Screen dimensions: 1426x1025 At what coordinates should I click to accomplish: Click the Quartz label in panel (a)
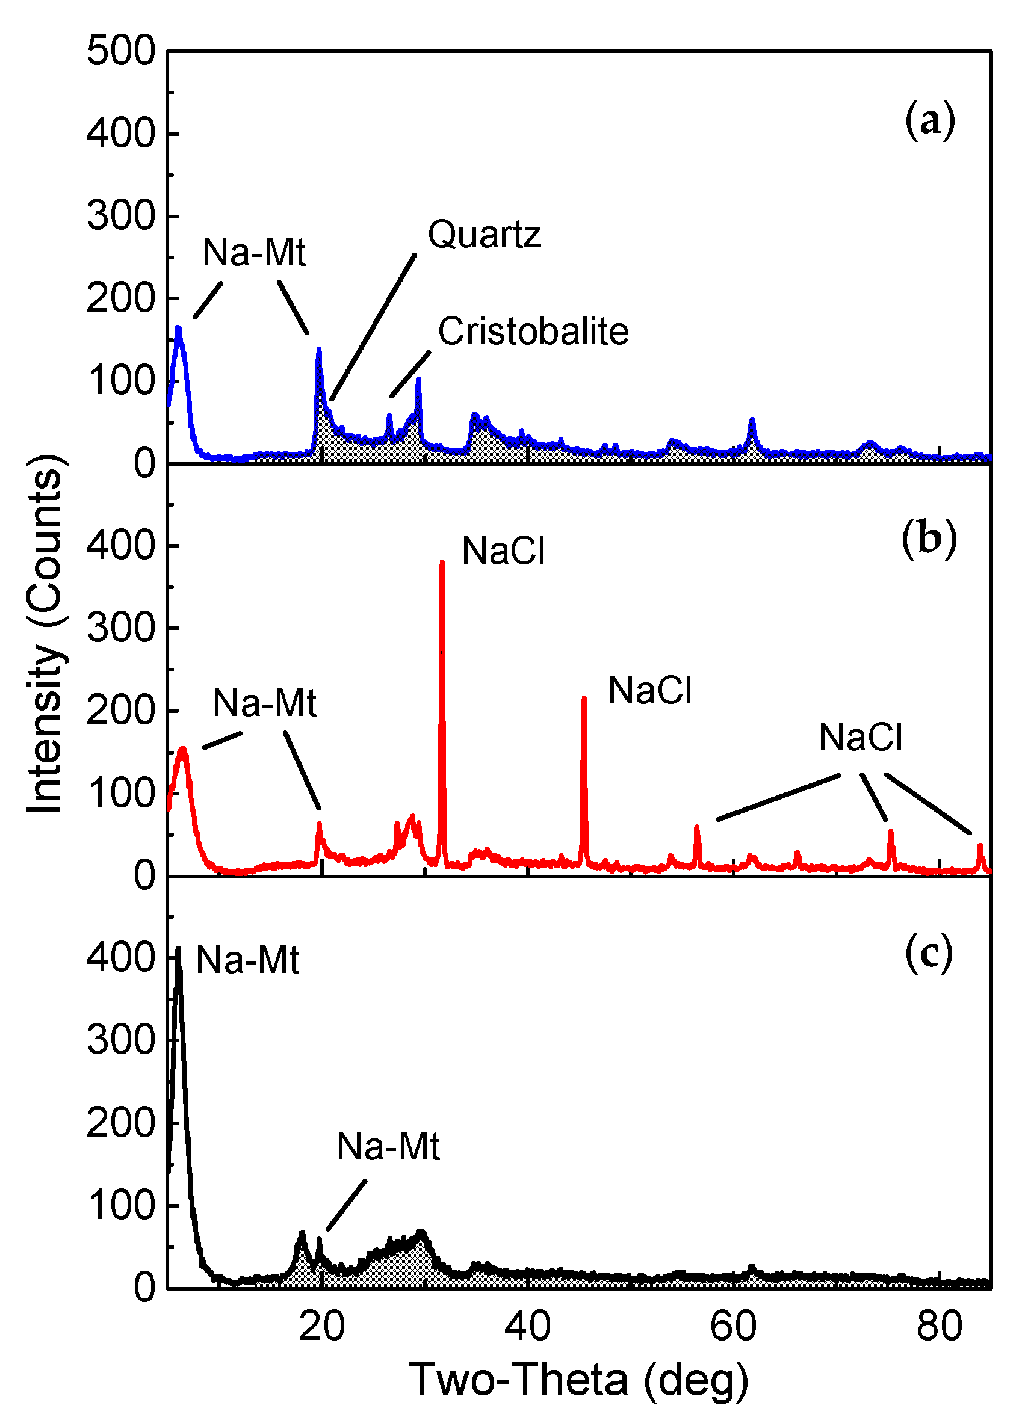tap(484, 235)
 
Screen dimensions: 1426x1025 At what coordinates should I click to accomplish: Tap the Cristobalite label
tap(533, 332)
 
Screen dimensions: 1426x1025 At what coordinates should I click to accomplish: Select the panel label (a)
tap(929, 120)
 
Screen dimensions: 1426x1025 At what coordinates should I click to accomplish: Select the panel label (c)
tap(928, 952)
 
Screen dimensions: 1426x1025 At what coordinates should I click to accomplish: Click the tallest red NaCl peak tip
tap(442, 563)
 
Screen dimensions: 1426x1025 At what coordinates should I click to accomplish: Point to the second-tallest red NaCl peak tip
tap(584, 699)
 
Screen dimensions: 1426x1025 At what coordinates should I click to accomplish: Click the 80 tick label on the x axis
tap(939, 1326)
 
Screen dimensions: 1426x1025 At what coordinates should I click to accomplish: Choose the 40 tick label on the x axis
tap(528, 1326)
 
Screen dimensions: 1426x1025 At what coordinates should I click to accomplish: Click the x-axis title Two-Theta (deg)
tap(578, 1380)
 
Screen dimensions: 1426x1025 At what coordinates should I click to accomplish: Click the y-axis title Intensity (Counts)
tap(45, 634)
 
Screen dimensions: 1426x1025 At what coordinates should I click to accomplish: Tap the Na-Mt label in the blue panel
tap(253, 253)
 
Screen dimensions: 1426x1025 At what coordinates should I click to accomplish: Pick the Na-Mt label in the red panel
tap(264, 703)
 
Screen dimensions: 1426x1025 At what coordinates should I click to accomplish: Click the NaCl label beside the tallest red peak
tap(503, 551)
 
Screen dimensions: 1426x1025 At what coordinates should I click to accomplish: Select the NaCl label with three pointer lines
tap(859, 738)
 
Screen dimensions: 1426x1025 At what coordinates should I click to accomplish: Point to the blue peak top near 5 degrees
tap(179, 328)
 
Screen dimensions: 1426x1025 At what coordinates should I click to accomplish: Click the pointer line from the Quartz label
tap(373, 327)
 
